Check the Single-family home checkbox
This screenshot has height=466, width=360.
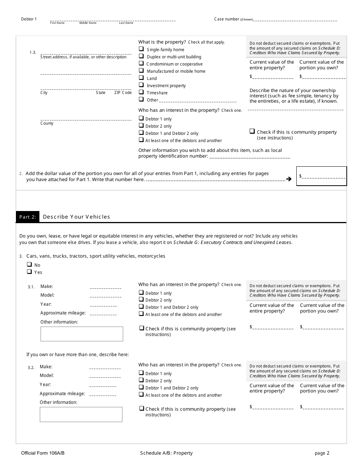coord(141,49)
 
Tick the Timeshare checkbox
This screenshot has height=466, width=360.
coord(141,92)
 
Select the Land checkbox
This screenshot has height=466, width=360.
coord(141,78)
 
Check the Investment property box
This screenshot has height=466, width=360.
coord(141,85)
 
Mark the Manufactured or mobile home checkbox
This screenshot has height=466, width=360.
coord(141,70)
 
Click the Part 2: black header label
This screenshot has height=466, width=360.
coord(28,217)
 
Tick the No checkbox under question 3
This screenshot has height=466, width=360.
coord(29,264)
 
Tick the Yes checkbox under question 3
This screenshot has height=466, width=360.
coord(29,272)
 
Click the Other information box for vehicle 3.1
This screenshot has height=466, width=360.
coord(81,334)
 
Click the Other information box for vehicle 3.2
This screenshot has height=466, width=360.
coord(81,414)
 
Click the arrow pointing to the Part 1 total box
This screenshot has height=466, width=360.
coord(289,179)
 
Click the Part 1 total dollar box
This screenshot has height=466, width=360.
coord(321,176)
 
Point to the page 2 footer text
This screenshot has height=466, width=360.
coord(322,453)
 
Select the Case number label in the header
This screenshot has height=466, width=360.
coord(227,19)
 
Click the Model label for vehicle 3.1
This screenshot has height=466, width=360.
coord(47,295)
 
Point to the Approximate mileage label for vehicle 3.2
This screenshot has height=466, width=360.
coord(63,394)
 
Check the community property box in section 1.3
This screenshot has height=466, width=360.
coord(252,131)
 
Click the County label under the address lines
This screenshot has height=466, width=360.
coord(47,124)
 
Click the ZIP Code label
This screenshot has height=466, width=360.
coord(123,93)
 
